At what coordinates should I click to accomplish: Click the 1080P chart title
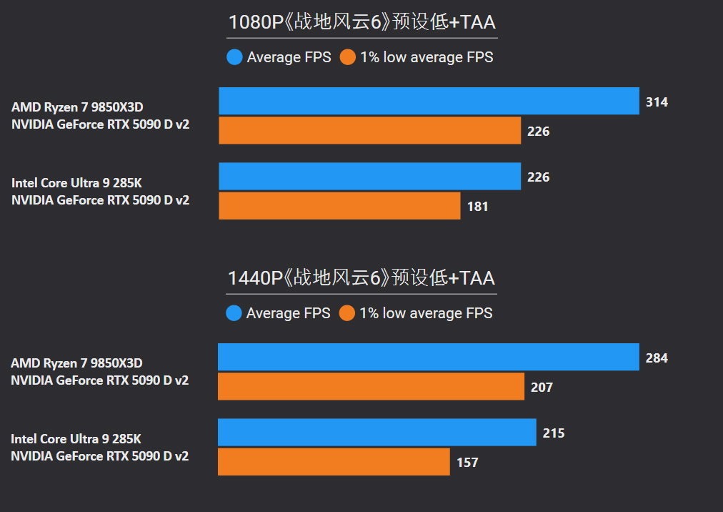pyautogui.click(x=361, y=22)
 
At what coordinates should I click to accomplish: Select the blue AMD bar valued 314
pyautogui.click(x=429, y=101)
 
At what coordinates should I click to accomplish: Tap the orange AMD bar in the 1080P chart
pyautogui.click(x=369, y=131)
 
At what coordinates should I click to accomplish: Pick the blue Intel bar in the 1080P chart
pyautogui.click(x=369, y=177)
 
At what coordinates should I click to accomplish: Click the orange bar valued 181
pyautogui.click(x=339, y=206)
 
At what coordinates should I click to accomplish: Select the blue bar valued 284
pyautogui.click(x=428, y=357)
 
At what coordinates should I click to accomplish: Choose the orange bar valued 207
pyautogui.click(x=371, y=387)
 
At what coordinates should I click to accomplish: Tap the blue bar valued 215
pyautogui.click(x=377, y=433)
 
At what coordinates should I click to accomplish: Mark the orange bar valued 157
pyautogui.click(x=334, y=462)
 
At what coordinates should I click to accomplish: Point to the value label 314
pyautogui.click(x=657, y=102)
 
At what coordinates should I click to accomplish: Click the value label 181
pyautogui.click(x=478, y=207)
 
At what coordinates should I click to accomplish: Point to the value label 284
pyautogui.click(x=657, y=358)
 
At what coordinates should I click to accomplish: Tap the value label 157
pyautogui.click(x=467, y=463)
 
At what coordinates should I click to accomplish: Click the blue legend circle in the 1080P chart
pyautogui.click(x=234, y=57)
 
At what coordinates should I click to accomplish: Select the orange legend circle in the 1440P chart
pyautogui.click(x=347, y=313)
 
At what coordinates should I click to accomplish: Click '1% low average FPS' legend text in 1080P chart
pyautogui.click(x=427, y=57)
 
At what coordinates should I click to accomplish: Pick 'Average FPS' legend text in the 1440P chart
pyautogui.click(x=289, y=313)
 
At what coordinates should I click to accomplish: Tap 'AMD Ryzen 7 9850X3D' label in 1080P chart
pyautogui.click(x=77, y=107)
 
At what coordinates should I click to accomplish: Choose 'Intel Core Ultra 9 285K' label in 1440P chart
pyautogui.click(x=76, y=438)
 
